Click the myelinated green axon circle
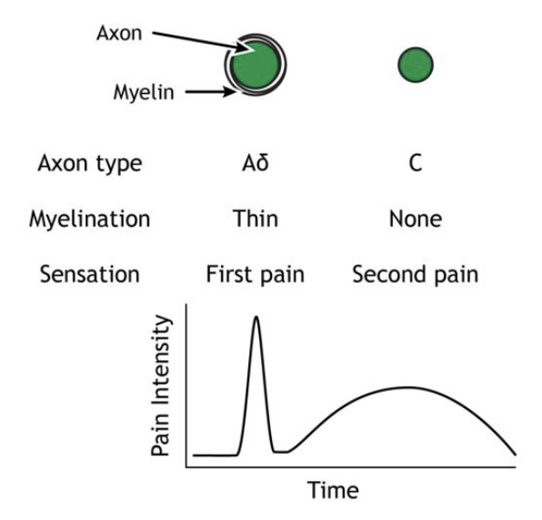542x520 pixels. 256,66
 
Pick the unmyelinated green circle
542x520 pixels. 416,64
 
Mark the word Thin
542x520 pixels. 256,219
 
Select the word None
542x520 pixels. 416,219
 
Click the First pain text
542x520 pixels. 256,274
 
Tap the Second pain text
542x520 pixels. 416,274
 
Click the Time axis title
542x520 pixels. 333,492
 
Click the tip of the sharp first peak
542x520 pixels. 256,317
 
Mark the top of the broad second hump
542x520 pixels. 406,387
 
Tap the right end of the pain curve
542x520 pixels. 515,453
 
